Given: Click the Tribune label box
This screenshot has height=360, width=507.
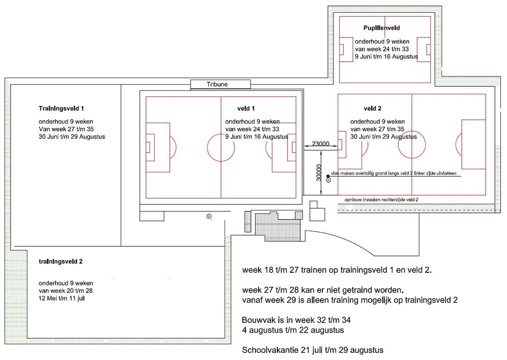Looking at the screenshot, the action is tap(221, 84).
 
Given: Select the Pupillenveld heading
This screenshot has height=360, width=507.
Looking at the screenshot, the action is tap(382, 28).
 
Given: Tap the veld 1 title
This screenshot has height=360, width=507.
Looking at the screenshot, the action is tap(246, 109).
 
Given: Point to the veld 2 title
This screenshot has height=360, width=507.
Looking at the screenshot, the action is tap(373, 109).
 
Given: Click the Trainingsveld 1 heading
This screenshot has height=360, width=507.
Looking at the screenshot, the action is tap(61, 109).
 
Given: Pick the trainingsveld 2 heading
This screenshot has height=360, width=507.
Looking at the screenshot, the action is tap(61, 261).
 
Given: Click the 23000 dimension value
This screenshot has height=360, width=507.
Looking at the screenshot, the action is tap(320, 143).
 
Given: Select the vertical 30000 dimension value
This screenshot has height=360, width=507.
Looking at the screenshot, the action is tap(319, 173).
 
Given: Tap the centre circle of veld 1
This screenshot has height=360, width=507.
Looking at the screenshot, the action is tap(221, 147).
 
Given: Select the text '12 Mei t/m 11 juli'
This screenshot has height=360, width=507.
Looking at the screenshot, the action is tap(62, 298).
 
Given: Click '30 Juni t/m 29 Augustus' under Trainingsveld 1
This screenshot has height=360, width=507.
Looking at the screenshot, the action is tap(72, 136).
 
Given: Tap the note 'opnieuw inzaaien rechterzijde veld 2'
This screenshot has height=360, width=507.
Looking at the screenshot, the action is tap(381, 200).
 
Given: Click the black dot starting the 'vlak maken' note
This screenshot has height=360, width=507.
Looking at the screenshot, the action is tap(328, 176).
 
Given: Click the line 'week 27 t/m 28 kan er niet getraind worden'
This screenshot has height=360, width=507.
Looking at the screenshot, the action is tap(322, 290).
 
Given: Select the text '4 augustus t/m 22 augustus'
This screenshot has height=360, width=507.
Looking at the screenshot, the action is tap(293, 330).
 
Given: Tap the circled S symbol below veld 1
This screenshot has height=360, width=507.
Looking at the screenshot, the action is tap(209, 216).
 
